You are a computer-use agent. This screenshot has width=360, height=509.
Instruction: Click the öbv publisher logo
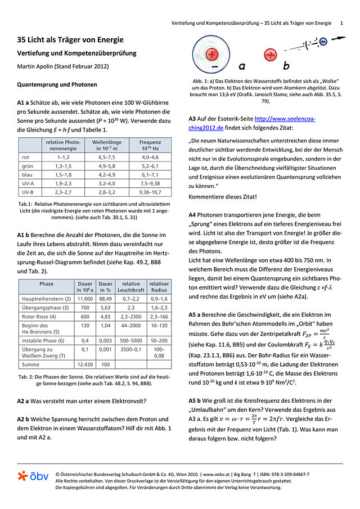click(33, 476)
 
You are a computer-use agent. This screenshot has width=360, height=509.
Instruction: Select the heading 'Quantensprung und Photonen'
click(57, 85)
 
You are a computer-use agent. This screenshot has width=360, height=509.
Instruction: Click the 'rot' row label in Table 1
click(26, 157)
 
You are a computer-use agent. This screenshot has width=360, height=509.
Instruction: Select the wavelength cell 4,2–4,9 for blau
click(103, 175)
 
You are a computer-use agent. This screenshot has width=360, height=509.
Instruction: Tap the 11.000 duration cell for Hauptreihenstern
click(84, 298)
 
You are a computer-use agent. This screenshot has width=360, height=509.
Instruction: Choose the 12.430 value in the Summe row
click(84, 365)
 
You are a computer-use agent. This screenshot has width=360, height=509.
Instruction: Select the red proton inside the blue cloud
click(212, 55)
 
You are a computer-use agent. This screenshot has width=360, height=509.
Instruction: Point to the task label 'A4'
click(195, 215)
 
